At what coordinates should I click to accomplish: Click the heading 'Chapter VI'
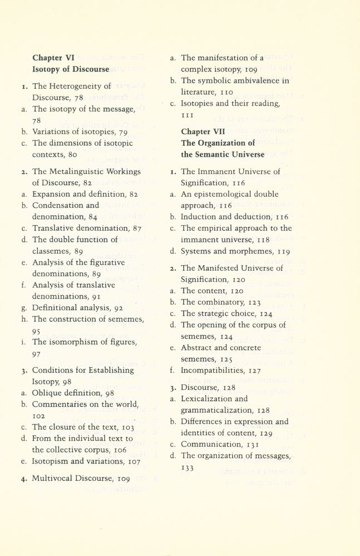[53, 57]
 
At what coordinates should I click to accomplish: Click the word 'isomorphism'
[72, 341]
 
